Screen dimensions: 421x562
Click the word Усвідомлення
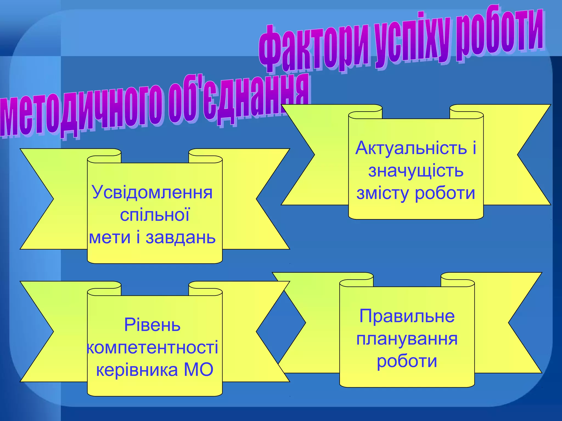coord(152,193)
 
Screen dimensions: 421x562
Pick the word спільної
coord(154,215)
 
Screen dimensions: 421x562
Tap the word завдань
coord(181,237)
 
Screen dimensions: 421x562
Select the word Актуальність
coord(411,148)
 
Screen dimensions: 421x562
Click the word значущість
coord(416,171)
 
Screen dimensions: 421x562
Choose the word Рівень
coord(152,325)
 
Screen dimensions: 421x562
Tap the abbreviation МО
coord(198,370)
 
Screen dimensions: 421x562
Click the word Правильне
coord(407,316)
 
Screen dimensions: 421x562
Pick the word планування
coord(407,339)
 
